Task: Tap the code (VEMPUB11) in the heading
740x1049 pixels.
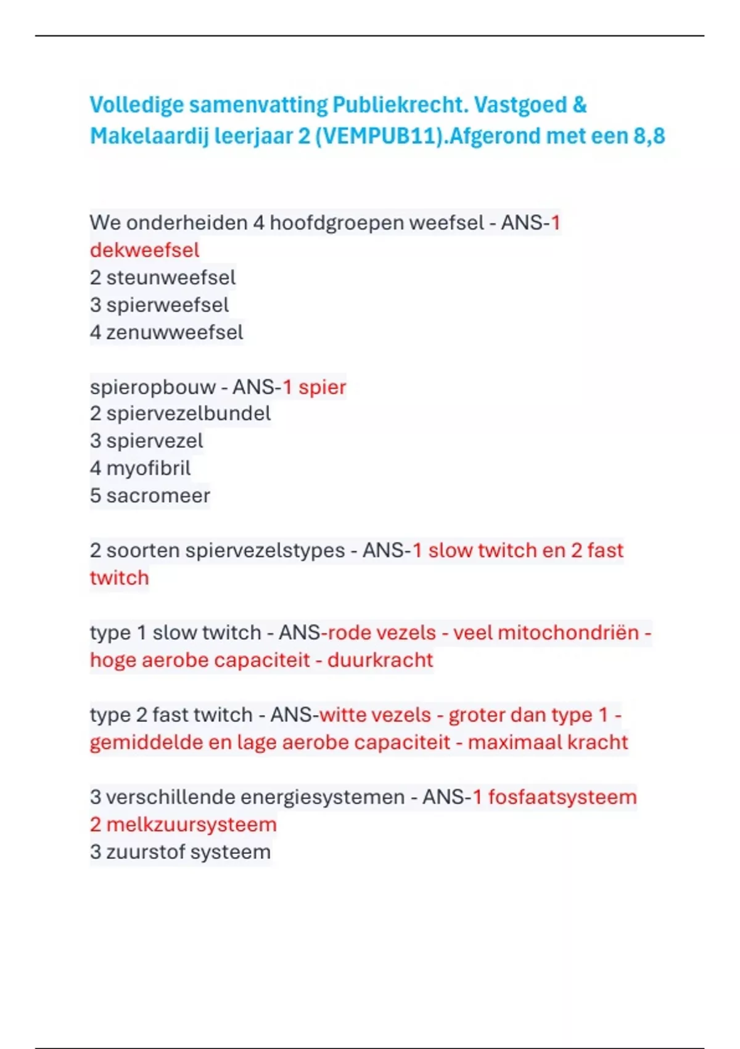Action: [380, 136]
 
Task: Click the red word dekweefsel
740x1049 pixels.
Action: [144, 250]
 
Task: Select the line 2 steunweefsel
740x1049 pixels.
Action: [163, 277]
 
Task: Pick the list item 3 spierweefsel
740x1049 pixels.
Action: [159, 304]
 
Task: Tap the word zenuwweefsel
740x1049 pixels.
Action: [175, 332]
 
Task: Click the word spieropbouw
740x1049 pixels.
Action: [152, 387]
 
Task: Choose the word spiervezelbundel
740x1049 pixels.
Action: [188, 413]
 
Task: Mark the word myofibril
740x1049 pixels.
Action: [148, 468]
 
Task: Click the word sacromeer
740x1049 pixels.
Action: [158, 495]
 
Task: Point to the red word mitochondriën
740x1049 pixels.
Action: [568, 632]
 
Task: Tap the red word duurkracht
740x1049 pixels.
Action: [380, 660]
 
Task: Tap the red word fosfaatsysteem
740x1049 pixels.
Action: [562, 797]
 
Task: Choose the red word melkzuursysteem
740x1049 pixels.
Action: [191, 824]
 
